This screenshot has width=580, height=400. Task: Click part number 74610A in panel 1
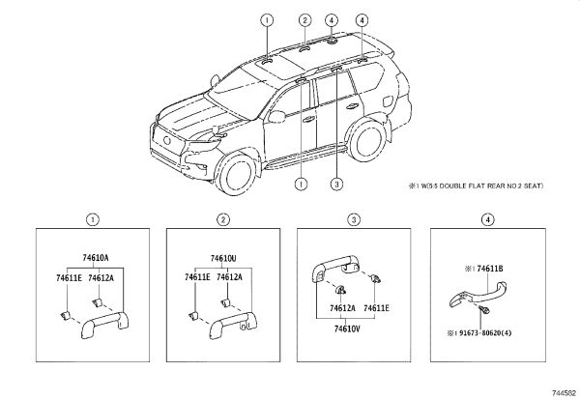click(x=96, y=258)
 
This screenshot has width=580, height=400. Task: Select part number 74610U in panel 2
click(x=223, y=258)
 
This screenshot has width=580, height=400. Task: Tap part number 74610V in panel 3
click(x=347, y=329)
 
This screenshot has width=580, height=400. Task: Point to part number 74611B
click(x=490, y=269)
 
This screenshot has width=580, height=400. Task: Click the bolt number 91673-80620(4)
click(x=485, y=332)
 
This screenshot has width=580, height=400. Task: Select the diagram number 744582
click(x=565, y=393)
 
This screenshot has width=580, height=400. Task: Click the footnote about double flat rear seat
click(x=476, y=186)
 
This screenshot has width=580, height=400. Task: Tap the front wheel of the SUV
click(x=237, y=175)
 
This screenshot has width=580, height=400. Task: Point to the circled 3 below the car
click(x=336, y=184)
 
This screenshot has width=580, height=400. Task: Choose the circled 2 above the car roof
click(x=304, y=20)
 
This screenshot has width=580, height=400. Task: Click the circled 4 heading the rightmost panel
click(x=488, y=220)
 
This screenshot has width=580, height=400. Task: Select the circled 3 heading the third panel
click(x=354, y=220)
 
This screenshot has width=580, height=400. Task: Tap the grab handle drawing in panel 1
click(x=105, y=325)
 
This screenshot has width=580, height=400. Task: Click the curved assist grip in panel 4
click(x=478, y=294)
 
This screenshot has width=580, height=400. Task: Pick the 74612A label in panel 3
click(x=342, y=308)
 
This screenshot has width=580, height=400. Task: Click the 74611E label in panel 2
click(x=197, y=277)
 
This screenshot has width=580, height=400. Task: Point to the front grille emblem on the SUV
click(x=167, y=140)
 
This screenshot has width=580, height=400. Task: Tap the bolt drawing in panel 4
click(x=483, y=309)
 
